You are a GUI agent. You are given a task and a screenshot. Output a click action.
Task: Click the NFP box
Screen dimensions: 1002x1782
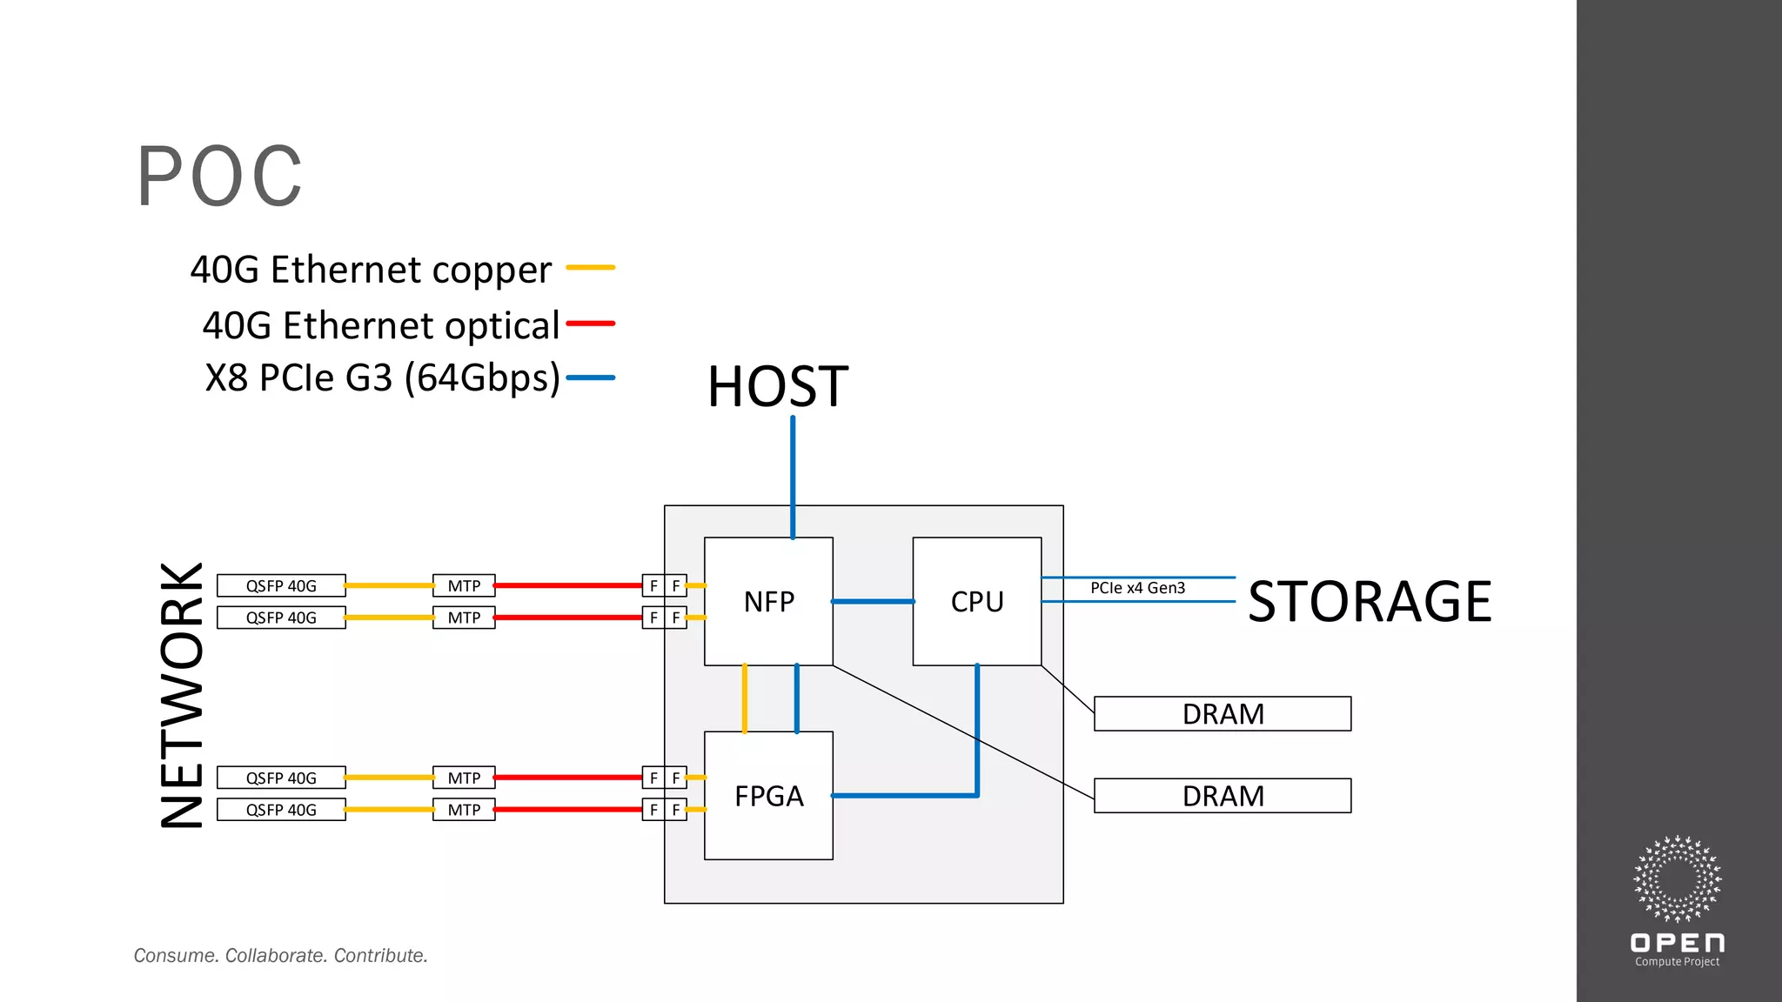coord(768,601)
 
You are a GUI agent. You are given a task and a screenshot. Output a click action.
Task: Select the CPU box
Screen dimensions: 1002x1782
coord(976,601)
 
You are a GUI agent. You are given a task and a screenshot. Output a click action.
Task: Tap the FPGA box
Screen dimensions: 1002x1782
coord(768,796)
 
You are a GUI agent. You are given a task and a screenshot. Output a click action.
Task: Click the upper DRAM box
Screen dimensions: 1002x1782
coord(1222,713)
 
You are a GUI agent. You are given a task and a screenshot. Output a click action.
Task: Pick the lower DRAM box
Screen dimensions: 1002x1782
coord(1222,796)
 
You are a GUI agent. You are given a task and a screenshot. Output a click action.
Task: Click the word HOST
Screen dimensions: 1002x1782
coord(777,386)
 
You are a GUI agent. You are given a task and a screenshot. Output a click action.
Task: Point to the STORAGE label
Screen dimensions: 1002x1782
coord(1370,601)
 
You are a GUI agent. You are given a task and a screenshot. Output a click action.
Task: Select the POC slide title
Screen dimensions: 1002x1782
coord(219,177)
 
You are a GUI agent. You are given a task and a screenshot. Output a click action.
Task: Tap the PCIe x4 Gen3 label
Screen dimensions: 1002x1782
coord(1137,588)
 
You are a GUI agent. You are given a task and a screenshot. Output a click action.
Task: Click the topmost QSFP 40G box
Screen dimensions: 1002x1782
coord(281,585)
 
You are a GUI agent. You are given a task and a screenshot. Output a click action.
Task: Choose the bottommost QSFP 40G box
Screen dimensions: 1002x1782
coord(281,810)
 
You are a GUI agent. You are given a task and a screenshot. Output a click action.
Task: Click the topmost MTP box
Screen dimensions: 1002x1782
coord(464,585)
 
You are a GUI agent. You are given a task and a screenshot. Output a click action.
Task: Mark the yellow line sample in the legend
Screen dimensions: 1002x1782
coord(591,268)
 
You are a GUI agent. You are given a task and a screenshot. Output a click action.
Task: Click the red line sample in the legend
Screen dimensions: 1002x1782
coord(591,324)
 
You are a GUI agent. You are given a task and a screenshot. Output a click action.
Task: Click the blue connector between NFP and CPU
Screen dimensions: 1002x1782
coord(873,601)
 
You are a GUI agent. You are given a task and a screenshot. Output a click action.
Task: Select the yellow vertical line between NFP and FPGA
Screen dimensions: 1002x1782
coord(745,698)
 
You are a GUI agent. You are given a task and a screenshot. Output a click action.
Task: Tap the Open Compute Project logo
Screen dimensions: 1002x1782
coord(1677,900)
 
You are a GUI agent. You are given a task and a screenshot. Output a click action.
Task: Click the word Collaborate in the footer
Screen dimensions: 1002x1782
coord(276,955)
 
